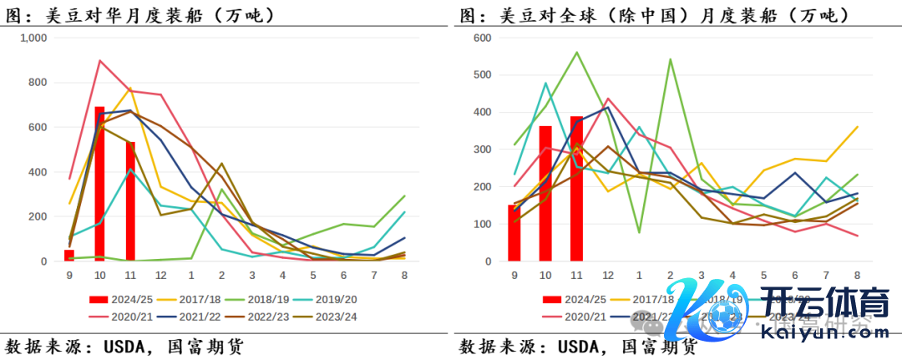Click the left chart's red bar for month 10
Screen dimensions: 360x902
(x=99, y=184)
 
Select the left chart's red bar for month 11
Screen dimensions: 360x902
(x=130, y=201)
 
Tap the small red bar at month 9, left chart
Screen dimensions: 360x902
(x=69, y=256)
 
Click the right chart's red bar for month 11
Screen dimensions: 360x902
(x=576, y=189)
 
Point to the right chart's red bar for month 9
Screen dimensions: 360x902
(x=514, y=233)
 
